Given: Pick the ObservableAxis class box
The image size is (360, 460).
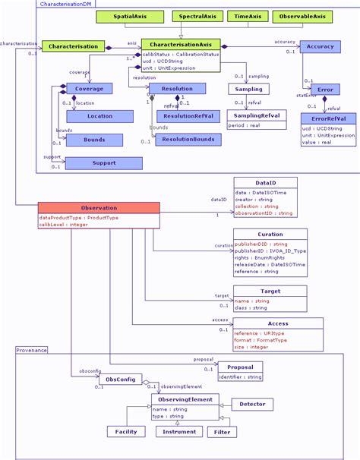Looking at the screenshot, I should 303,16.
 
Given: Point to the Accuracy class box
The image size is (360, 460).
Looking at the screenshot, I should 320,47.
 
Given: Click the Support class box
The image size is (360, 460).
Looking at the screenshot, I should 103,163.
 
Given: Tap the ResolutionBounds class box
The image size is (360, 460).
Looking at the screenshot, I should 188,140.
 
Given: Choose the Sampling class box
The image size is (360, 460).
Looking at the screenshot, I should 249,89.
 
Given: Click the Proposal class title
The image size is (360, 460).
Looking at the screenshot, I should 240,367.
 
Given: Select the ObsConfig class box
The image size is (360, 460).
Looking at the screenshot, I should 119,379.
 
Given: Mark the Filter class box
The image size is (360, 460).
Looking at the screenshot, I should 220,431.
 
